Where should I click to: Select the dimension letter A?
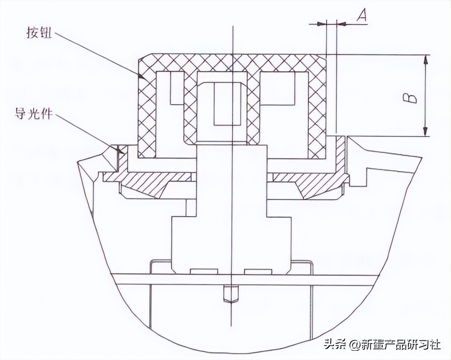coord(362,16)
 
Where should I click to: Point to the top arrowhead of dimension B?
coord(426,59)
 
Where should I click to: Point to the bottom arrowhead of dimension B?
coord(426,132)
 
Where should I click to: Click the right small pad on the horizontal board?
coord(258,271)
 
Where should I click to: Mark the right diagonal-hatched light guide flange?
coord(318,183)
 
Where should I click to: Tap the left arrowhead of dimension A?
coord(320,24)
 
